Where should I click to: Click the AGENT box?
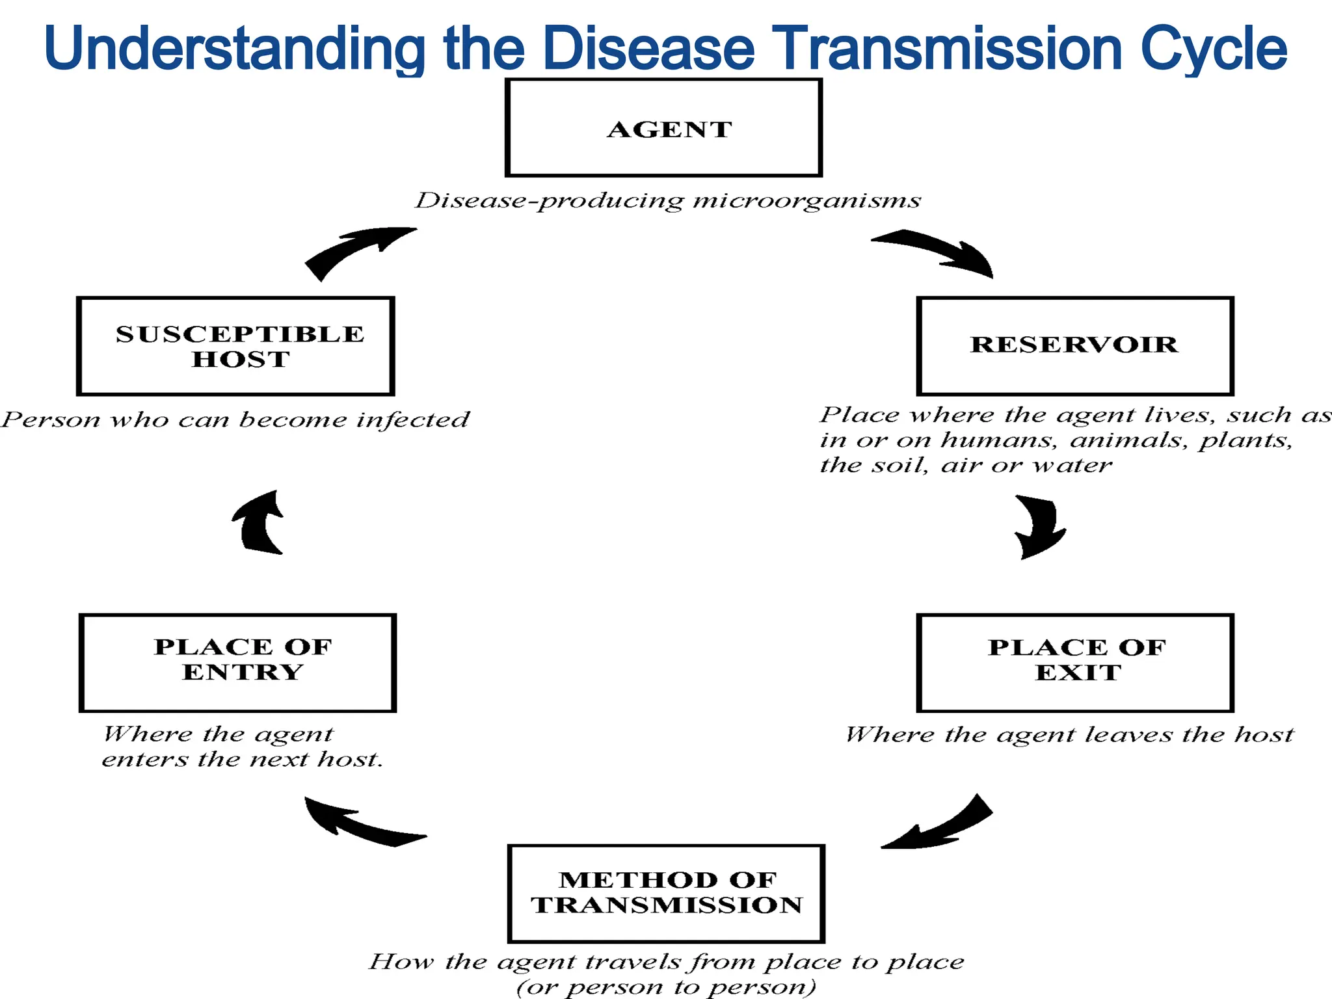(x=663, y=127)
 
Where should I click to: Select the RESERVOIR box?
(x=1074, y=346)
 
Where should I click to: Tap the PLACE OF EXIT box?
(x=1074, y=662)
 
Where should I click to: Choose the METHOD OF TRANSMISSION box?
(x=666, y=893)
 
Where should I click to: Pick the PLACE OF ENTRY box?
(x=237, y=662)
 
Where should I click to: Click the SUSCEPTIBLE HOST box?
(x=235, y=346)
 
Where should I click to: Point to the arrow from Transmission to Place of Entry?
(x=361, y=825)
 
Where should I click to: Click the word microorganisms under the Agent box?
(x=806, y=200)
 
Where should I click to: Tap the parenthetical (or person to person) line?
(x=666, y=987)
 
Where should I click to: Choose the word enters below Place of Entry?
(x=144, y=759)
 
